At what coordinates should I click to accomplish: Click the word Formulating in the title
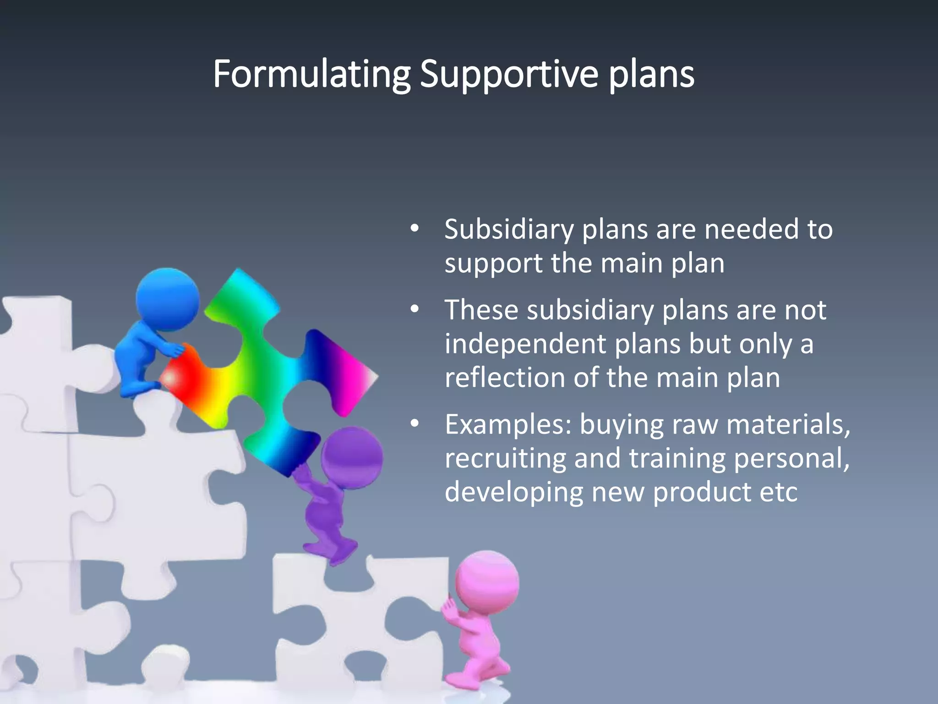click(311, 74)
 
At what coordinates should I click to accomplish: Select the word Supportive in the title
click(509, 74)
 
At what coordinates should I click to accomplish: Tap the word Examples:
click(508, 424)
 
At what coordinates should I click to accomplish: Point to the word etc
click(778, 492)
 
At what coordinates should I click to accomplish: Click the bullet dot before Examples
click(414, 423)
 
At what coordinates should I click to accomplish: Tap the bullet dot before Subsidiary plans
click(414, 228)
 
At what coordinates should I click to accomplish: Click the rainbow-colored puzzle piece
click(256, 367)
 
